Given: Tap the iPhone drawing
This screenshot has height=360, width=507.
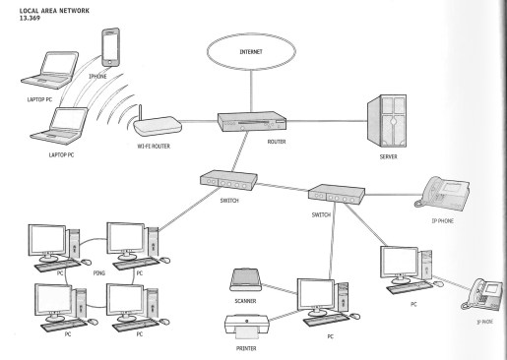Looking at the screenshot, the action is click(x=110, y=47).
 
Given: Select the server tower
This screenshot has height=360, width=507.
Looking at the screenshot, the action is click(x=387, y=121).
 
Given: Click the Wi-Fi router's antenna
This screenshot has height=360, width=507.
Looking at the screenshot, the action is click(x=140, y=112).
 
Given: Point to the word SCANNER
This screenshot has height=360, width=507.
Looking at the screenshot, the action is click(x=245, y=301).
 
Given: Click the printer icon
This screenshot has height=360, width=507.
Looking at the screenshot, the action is click(x=247, y=327).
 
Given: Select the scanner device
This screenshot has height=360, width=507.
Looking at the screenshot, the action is click(x=246, y=279).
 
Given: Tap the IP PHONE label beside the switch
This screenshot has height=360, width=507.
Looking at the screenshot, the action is click(x=442, y=221).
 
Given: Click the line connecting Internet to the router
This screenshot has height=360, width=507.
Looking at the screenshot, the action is click(x=251, y=91).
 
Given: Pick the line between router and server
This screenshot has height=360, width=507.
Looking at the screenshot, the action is click(x=327, y=121).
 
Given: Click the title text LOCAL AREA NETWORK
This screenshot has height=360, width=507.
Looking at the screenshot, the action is click(x=54, y=11).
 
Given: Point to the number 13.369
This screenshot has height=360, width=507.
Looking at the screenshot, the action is click(x=30, y=18).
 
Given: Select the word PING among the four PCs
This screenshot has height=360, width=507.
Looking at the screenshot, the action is click(x=99, y=272).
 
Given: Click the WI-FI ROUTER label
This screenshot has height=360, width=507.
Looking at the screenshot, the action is click(x=154, y=147).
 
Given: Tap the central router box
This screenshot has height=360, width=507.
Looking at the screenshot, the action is click(x=252, y=122).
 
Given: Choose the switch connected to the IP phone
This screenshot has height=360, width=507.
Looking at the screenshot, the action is click(x=337, y=193).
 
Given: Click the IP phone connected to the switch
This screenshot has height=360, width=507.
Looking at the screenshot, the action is click(x=442, y=192).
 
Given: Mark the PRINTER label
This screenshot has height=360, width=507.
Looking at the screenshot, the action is click(x=246, y=348).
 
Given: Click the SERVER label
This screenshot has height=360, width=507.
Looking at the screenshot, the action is click(x=389, y=156).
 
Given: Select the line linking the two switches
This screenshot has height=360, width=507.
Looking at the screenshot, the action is click(x=283, y=187).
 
